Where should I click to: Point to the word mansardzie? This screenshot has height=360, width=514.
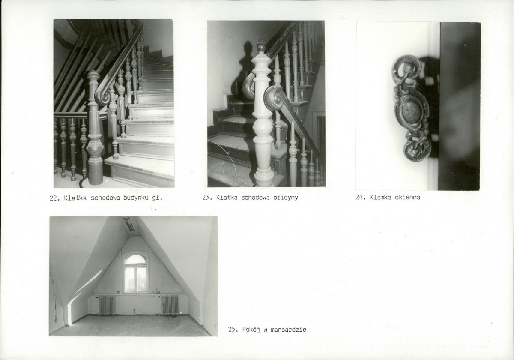point(288,330)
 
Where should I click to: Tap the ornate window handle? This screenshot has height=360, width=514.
point(412,108)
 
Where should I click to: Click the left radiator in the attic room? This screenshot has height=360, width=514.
point(108,305)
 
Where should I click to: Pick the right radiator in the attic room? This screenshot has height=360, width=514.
point(170,305)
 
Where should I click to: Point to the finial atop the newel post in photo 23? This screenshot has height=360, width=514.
point(261,46)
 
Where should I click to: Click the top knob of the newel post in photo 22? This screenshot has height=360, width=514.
point(93,75)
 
